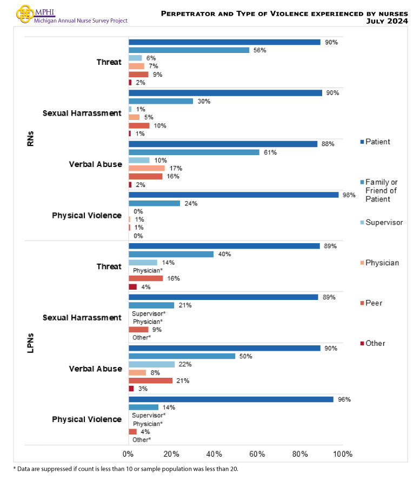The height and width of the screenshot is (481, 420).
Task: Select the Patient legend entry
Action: [x=378, y=142]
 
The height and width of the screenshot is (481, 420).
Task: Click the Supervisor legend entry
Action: [x=383, y=222]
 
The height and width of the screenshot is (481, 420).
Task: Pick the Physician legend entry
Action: [x=382, y=263]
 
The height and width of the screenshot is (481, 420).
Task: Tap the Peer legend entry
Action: [x=374, y=303]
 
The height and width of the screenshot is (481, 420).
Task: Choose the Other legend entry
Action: [x=375, y=343]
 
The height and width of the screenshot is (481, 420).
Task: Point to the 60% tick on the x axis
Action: [x=257, y=453]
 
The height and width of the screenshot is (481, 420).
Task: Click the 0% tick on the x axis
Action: [x=128, y=453]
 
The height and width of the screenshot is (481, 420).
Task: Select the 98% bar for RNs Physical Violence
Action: [x=234, y=195]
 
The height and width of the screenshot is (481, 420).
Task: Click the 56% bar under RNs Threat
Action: [x=189, y=50]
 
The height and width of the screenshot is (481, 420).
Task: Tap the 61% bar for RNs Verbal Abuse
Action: [x=194, y=152]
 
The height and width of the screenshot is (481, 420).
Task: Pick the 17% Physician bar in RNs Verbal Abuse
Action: [x=146, y=168]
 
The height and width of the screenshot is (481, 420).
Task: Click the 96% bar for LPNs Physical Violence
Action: [x=231, y=399]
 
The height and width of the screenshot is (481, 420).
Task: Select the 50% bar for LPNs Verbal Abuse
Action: [x=182, y=356]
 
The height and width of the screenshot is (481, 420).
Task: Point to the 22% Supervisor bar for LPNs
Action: [x=152, y=364]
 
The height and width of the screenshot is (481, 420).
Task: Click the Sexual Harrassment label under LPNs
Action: [x=82, y=317]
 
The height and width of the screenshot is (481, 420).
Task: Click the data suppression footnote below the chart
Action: [x=125, y=469]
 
